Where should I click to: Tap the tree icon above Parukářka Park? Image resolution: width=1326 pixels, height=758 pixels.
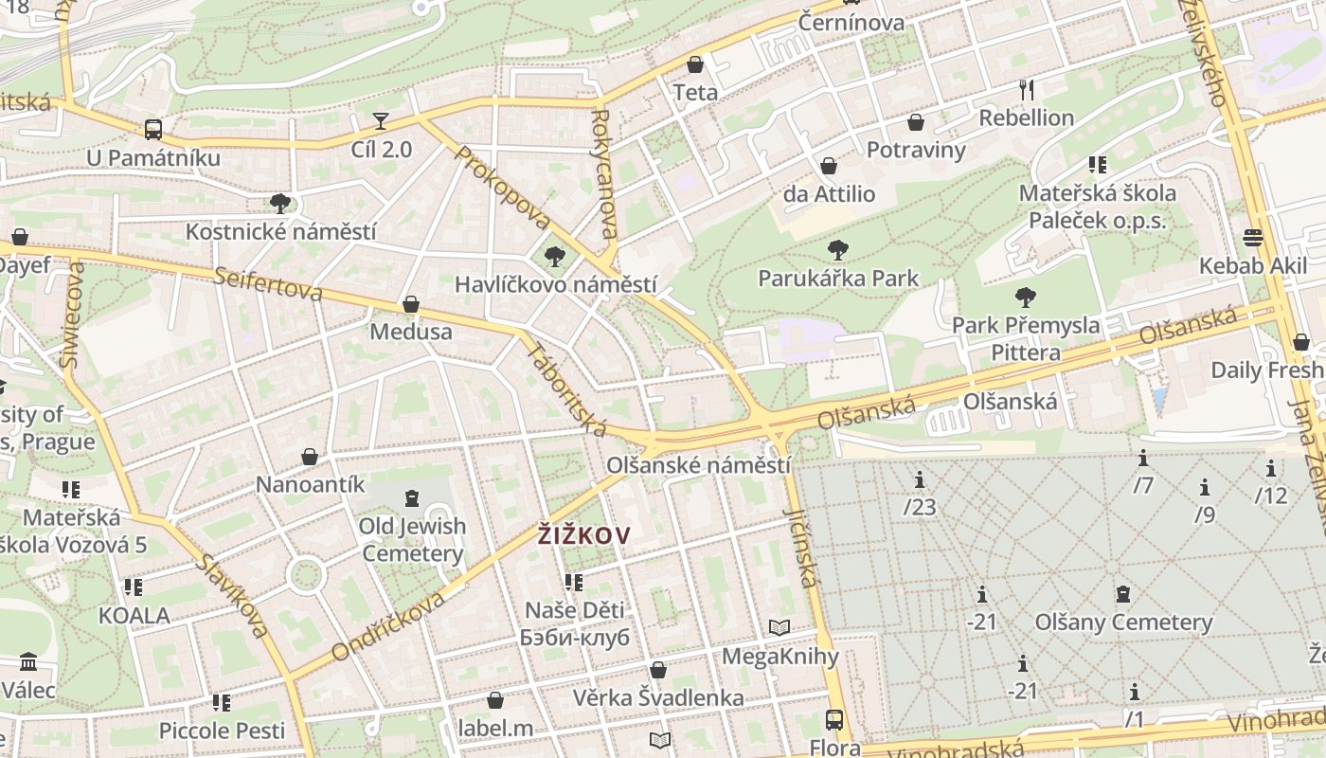tap(837, 250)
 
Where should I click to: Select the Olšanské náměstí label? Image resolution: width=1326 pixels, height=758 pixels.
tap(698, 466)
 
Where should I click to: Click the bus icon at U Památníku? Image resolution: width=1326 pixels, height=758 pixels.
tap(153, 130)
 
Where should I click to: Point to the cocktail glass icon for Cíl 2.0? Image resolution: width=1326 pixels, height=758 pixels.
tap(381, 121)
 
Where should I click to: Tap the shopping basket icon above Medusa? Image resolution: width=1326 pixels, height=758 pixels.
tap(411, 304)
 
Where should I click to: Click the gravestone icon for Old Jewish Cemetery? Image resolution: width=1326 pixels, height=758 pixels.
tap(411, 497)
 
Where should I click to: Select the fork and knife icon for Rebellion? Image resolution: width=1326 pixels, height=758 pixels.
tap(1027, 90)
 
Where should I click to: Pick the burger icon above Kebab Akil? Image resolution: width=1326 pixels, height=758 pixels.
tap(1253, 237)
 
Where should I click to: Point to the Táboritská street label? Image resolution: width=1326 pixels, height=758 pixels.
tap(566, 389)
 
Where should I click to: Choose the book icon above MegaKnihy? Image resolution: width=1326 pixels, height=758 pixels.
tap(779, 627)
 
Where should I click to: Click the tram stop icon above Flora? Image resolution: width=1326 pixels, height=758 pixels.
tap(834, 719)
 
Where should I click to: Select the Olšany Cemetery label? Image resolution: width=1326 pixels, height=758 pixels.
tap(1123, 623)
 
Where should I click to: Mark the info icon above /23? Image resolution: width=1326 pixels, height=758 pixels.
tap(919, 479)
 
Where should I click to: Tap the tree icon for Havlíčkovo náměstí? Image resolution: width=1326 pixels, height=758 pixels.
tap(555, 256)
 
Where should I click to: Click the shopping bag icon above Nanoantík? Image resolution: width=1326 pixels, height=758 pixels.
tap(310, 457)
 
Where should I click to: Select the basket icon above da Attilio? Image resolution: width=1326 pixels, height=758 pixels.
tap(829, 167)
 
